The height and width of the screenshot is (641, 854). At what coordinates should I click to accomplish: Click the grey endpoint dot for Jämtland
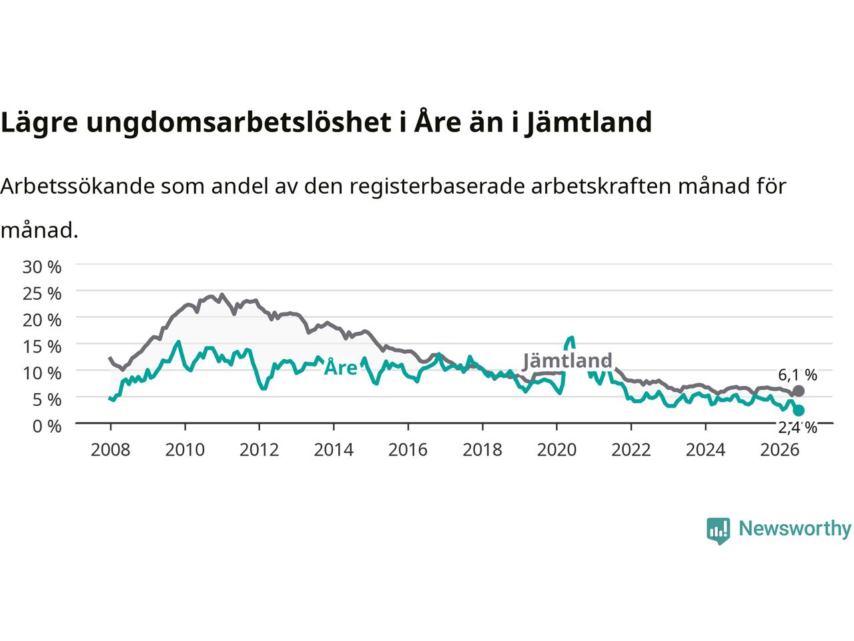click(798, 391)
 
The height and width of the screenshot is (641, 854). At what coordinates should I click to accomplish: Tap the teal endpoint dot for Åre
click(799, 410)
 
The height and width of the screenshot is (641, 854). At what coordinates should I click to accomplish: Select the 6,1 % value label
click(797, 375)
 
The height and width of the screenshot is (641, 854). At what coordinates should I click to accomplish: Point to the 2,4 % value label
click(797, 428)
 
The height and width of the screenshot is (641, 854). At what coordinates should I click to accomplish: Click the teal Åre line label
click(340, 367)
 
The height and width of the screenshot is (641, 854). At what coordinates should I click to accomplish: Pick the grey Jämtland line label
click(567, 361)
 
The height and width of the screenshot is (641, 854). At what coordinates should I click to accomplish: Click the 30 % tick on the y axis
click(42, 267)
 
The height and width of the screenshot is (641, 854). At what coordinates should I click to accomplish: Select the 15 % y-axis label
click(42, 347)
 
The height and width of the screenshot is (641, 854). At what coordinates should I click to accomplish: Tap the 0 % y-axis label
click(47, 426)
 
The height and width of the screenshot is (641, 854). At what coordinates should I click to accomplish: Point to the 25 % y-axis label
click(42, 293)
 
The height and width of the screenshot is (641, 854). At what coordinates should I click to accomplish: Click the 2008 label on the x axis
click(111, 450)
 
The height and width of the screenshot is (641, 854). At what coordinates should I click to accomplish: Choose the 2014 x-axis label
click(334, 450)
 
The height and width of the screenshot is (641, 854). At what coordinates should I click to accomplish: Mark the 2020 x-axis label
click(556, 450)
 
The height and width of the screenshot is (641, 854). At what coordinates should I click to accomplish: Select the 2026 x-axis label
click(780, 450)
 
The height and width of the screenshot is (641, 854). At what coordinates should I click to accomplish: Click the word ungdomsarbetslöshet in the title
click(239, 123)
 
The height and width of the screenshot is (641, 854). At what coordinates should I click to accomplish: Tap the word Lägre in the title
click(39, 123)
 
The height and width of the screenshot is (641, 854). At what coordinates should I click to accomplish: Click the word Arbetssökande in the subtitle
click(78, 186)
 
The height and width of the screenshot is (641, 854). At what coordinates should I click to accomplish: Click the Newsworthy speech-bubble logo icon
click(718, 531)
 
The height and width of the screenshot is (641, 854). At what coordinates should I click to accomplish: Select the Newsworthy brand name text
click(795, 529)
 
